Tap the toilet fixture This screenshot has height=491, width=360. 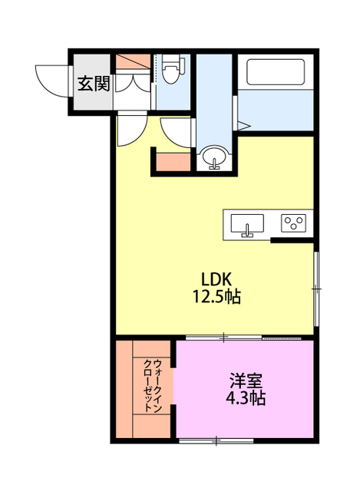[173, 71]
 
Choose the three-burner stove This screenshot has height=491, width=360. [293, 223]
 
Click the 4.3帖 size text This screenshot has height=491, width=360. [246, 399]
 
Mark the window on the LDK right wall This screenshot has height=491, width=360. [316, 288]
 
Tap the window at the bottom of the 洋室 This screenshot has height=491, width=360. [217, 440]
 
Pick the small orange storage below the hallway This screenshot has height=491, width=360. [172, 162]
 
